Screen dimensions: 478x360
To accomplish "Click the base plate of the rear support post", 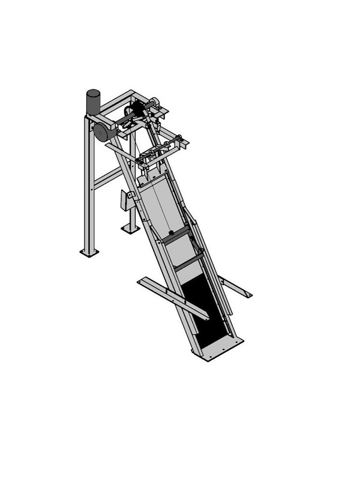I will (128, 229).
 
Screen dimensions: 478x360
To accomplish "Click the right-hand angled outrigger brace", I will (235, 286).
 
